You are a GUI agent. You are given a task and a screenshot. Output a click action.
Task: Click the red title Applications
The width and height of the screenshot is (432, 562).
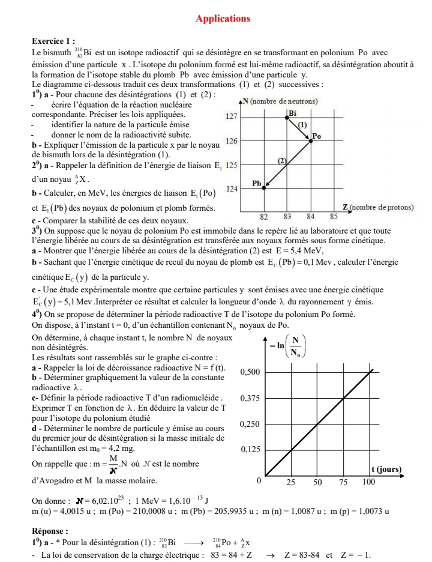pos(223,19)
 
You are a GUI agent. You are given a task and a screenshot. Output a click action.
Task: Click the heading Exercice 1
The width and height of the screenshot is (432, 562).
pos(53,41)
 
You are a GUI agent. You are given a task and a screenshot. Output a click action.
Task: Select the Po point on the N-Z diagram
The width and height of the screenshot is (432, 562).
pos(311,141)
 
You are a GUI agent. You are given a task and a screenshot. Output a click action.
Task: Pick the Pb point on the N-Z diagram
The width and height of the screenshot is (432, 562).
pos(264,188)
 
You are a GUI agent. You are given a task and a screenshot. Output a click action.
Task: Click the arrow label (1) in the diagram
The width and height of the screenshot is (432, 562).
pos(302,125)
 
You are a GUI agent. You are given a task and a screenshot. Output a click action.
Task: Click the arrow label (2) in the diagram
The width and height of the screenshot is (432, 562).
pos(282,160)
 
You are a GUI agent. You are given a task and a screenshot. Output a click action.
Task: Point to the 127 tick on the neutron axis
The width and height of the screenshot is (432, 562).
pos(232,118)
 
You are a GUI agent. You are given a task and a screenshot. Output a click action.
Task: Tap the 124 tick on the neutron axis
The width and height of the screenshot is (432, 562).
pos(232,189)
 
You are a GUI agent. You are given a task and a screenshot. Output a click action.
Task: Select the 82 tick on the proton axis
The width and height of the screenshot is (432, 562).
pos(263,215)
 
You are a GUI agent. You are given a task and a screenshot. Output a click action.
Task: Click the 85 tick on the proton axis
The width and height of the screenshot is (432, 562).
pos(334,215)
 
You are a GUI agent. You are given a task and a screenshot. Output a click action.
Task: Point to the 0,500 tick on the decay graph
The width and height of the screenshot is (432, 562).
pos(250,372)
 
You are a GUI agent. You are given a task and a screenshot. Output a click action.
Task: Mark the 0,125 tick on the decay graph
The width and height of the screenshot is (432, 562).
pos(250,450)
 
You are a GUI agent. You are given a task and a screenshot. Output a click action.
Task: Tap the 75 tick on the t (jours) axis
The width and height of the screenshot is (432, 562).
pos(343,482)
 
